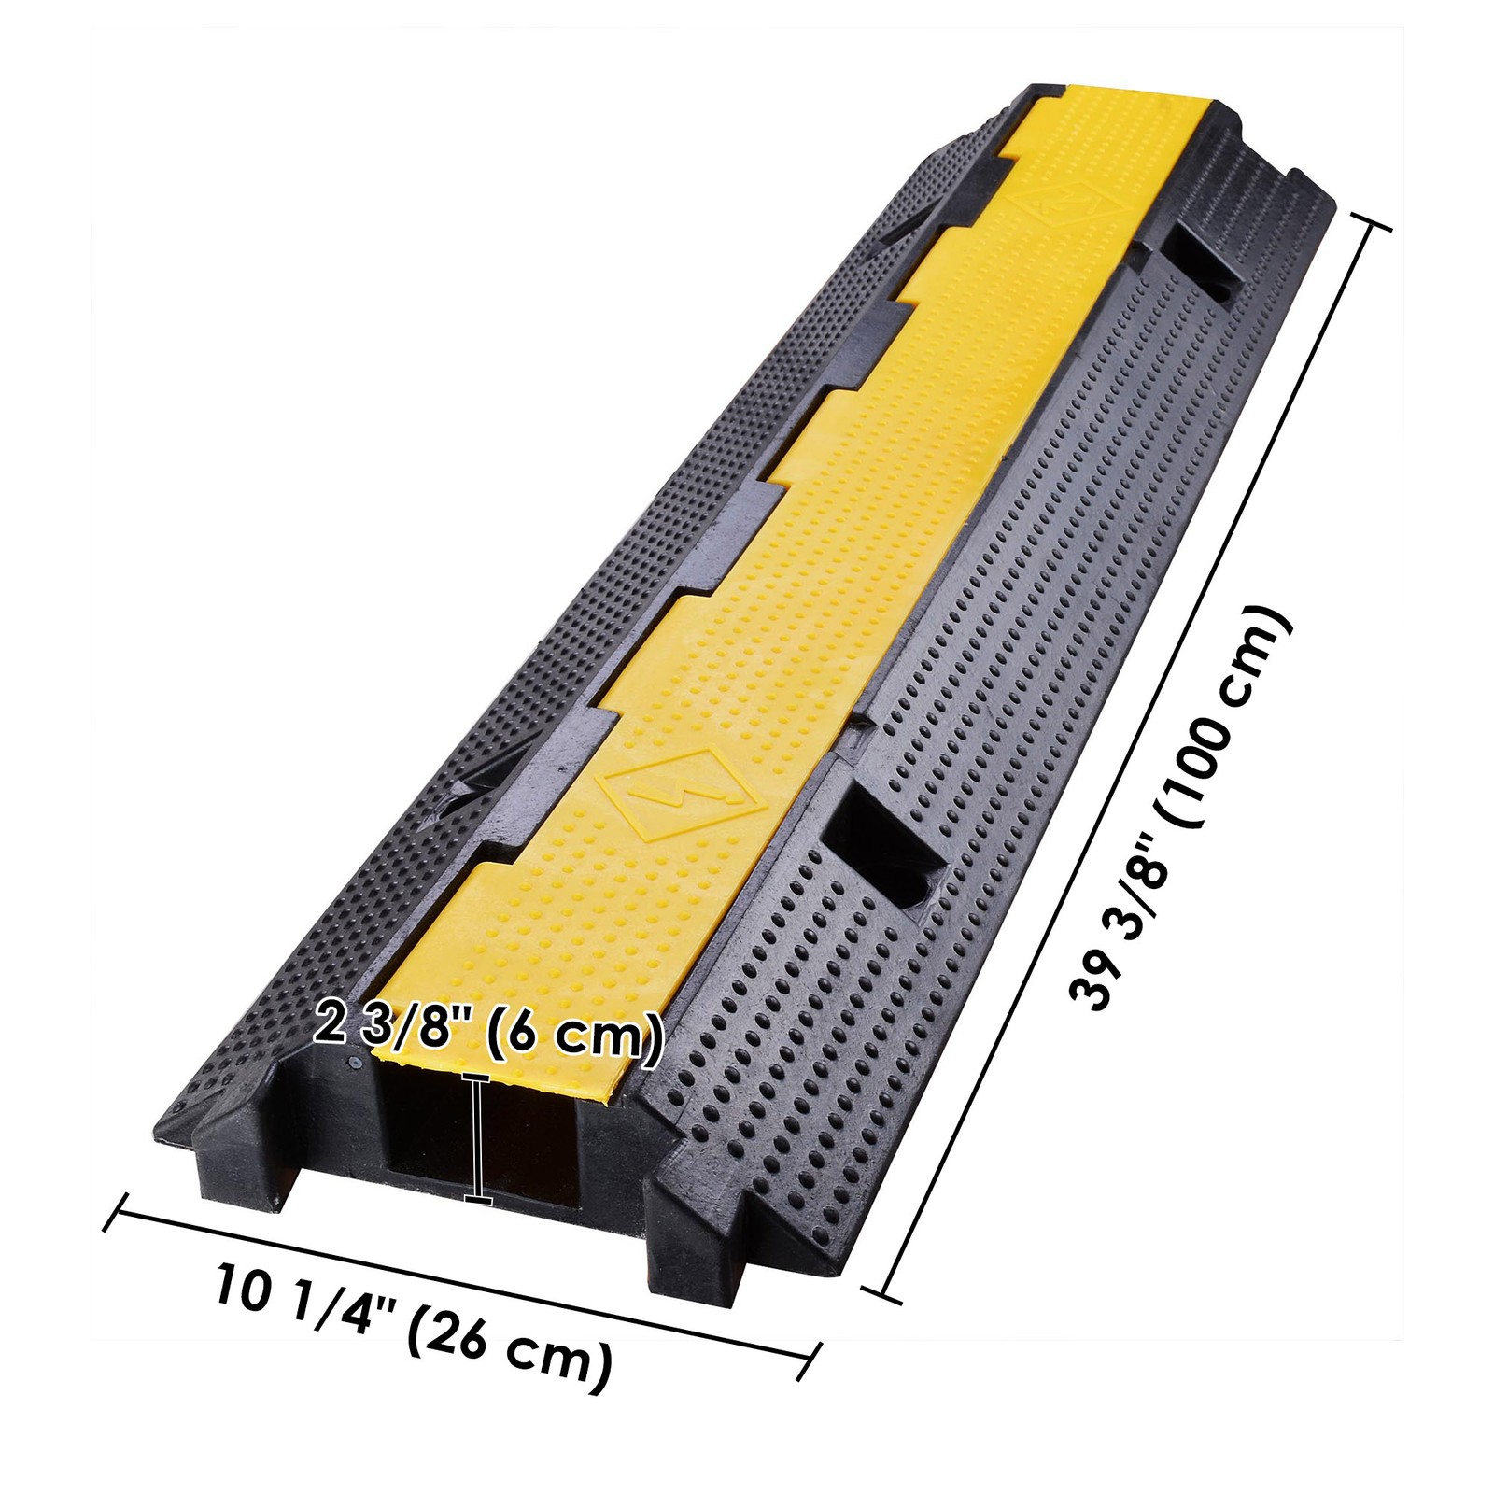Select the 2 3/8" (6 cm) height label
pos(489,1035)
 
